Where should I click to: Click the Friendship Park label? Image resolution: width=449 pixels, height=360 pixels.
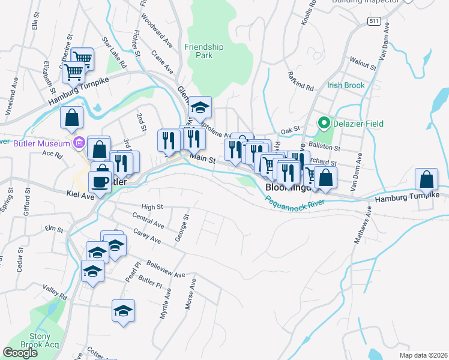coord(204,51)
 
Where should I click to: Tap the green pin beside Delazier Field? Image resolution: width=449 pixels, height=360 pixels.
coord(324,124)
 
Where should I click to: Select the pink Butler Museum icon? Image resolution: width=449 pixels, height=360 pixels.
coord(79,143)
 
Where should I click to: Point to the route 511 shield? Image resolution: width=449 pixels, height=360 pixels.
coord(374,22)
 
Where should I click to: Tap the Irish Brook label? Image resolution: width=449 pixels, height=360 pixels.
coord(346,85)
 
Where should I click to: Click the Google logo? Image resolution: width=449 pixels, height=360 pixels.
coord(20,353)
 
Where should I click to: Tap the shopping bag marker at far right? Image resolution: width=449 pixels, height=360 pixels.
coord(426,179)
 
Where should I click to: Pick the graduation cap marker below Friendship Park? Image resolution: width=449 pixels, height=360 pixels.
coord(200,107)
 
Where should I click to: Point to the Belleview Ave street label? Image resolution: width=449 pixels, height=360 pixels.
coord(167,271)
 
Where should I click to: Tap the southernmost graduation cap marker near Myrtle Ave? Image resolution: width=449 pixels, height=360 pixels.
coord(123,311)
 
